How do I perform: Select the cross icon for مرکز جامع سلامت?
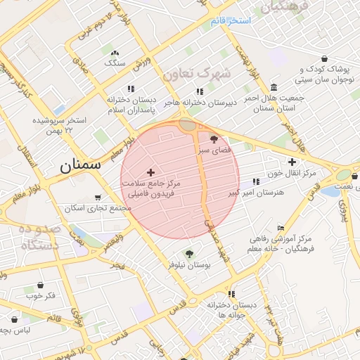pos(150,172)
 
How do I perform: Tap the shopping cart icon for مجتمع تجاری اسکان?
pos(98,198)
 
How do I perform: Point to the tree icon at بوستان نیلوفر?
pos(188,253)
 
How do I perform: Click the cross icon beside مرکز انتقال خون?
pos(292,162)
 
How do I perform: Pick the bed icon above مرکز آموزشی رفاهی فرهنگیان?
pos(281,229)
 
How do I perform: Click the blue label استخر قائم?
pos(231,20)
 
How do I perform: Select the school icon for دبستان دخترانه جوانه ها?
pos(231,294)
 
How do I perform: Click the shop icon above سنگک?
pos(115,52)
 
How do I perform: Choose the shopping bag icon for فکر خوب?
pos(40,285)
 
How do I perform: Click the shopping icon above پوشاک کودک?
pos(323,58)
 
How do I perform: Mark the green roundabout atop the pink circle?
pos(187,124)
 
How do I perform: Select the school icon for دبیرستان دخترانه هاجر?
pos(200,91)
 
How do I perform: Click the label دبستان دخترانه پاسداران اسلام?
pos(136,105)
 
